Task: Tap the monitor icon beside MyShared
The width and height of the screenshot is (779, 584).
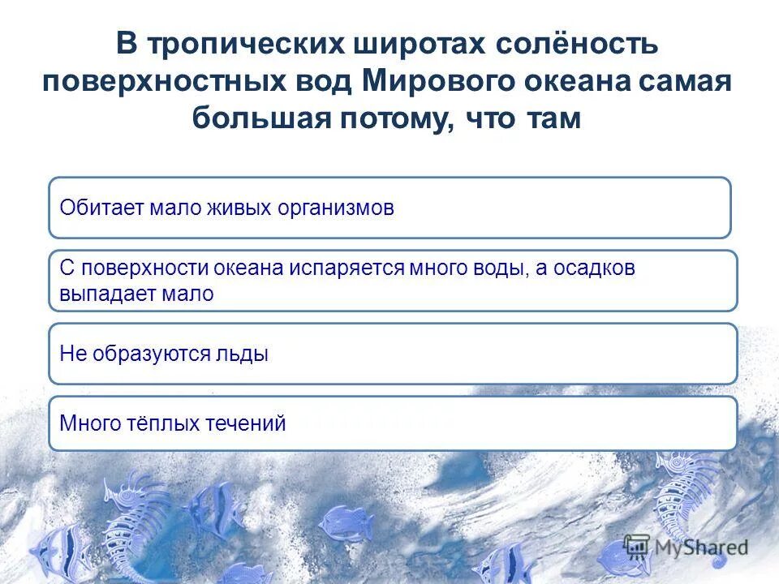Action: click(x=637, y=545)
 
